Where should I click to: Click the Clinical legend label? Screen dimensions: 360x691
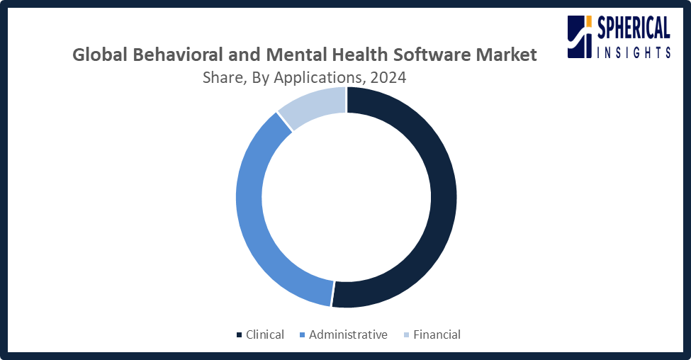[264, 334]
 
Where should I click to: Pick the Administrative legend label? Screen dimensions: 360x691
[348, 334]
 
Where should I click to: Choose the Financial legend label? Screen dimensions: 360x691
[437, 334]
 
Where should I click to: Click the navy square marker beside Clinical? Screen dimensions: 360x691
[239, 335]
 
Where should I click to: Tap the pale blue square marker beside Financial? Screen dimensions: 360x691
[406, 335]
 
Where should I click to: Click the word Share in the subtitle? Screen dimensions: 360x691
[222, 77]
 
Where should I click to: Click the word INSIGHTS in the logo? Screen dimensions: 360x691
[634, 51]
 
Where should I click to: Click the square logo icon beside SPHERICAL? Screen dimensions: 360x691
[580, 38]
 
